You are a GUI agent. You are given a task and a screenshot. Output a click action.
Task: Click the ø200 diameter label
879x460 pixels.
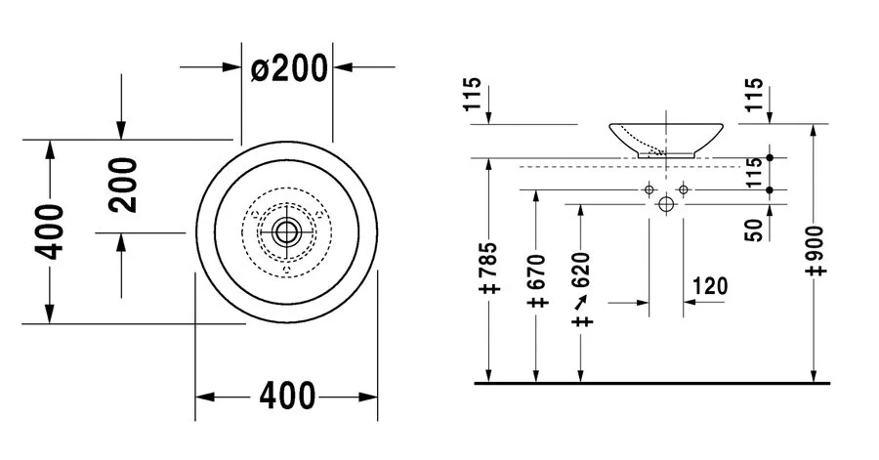288,68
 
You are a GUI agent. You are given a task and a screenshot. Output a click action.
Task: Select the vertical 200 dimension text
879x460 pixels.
121,185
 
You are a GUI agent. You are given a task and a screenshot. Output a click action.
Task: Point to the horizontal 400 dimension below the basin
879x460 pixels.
287,397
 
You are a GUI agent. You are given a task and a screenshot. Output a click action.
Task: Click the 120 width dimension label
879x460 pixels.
710,286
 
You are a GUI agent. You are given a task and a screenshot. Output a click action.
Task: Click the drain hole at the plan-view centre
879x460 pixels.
286,231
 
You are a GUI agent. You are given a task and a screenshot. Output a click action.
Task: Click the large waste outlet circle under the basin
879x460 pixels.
666,205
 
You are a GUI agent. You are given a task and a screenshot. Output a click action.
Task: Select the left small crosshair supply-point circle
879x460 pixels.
649,188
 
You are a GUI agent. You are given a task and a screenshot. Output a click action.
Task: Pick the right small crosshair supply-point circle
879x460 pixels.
684,188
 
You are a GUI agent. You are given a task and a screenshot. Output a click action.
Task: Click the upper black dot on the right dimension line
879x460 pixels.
771,157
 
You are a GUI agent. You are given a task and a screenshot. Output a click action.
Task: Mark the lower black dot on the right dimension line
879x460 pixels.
771,188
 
